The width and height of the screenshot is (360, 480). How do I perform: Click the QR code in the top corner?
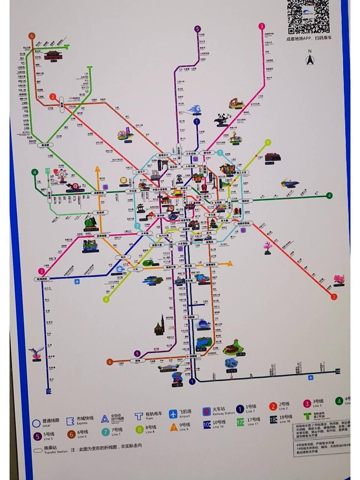coord(308,16)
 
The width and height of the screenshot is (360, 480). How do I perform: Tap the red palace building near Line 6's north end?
coord(52,56)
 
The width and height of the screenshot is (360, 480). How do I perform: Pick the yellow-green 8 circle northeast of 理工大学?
coord(268,142)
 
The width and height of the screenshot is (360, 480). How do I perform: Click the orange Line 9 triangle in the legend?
coord(174,427)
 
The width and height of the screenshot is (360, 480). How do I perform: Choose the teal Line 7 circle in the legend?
coord(105,432)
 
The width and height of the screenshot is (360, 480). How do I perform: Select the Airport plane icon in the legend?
coord(173,414)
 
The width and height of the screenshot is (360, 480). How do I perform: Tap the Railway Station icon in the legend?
coord(206,411)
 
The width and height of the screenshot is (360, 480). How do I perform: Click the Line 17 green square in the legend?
coord(240,421)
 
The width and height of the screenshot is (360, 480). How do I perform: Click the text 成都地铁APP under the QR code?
coord(299,38)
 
